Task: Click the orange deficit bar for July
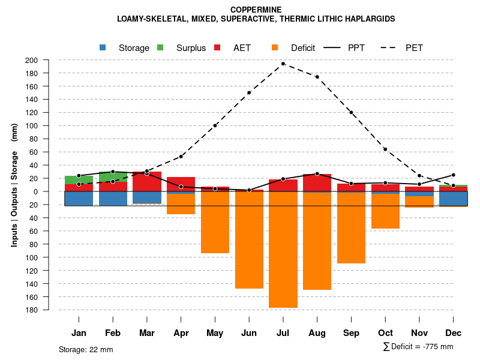tap(283, 250)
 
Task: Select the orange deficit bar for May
tap(215, 222)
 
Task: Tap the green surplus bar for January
tap(79, 180)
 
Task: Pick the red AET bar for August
tap(317, 183)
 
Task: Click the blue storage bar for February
tap(113, 199)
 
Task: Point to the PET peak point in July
tap(283, 64)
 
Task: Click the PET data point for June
tap(249, 92)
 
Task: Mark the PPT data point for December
tap(454, 175)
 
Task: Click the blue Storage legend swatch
tap(103, 48)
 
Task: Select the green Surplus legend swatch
tap(160, 48)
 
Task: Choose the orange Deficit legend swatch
tap(275, 48)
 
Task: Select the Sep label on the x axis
tap(351, 333)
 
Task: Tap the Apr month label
tap(181, 333)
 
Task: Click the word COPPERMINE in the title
tap(256, 10)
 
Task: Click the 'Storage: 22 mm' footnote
tap(86, 349)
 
